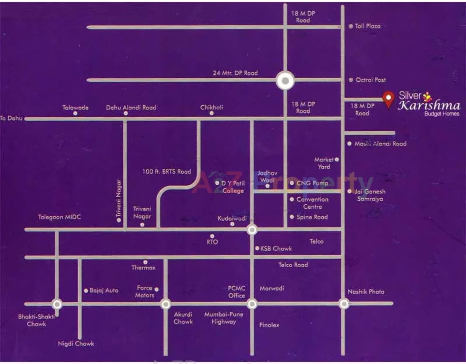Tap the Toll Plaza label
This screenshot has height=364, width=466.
click(367, 26)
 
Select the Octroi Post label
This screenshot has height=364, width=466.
click(370, 80)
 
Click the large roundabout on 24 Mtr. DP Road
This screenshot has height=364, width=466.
click(285, 81)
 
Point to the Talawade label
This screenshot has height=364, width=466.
click(75, 108)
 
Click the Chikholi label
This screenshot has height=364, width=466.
click(212, 107)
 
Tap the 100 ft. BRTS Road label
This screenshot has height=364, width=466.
click(167, 171)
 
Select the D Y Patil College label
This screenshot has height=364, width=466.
click(233, 187)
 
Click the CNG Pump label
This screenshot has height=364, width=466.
click(312, 183)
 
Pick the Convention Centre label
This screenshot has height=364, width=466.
click(312, 203)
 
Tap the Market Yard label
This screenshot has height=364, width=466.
click(324, 163)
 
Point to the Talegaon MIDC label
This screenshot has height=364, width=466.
click(59, 217)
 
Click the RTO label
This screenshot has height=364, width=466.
click(212, 242)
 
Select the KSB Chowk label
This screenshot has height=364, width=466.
click(276, 249)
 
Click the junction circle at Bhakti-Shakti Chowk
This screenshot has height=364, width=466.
click(57, 304)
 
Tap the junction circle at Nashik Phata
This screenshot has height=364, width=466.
click(344, 303)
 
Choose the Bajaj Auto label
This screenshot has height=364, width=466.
click(104, 291)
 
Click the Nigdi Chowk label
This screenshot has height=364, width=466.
click(76, 344)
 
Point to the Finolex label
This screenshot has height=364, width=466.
click(269, 325)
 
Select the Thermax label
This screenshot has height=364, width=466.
click(143, 268)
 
